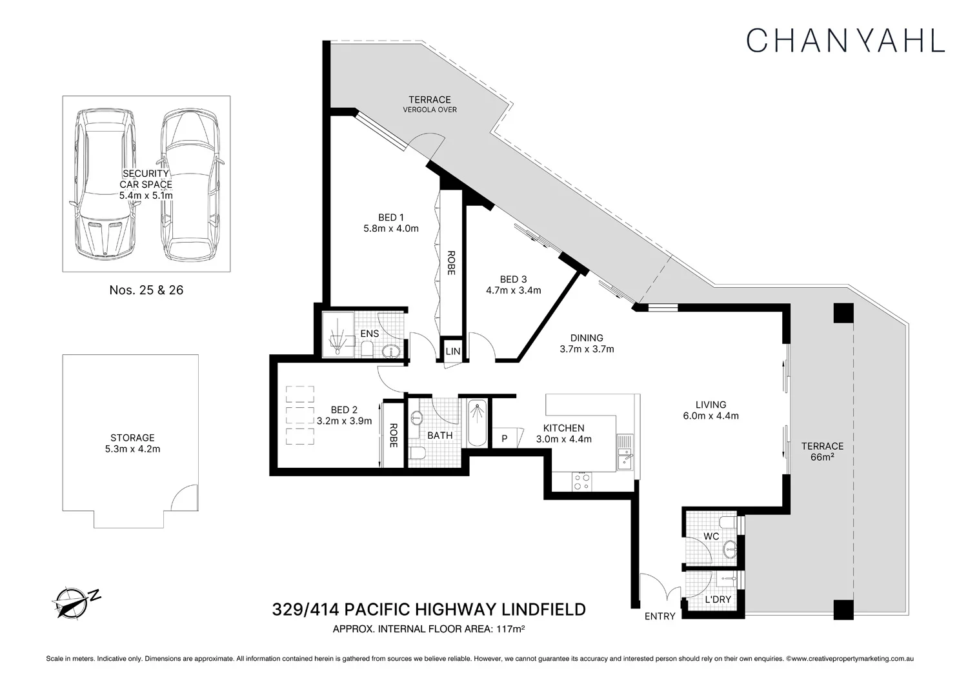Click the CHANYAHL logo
coord(845,41)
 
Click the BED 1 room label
coord(390,217)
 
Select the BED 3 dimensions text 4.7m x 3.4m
coord(514,290)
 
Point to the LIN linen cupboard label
coord(453,351)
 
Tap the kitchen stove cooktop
coord(581,482)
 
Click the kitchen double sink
coord(625,452)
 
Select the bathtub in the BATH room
coord(477,423)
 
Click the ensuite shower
coord(338,334)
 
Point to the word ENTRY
coord(660,616)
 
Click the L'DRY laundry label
coord(718,599)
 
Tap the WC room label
coord(711,536)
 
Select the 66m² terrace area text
coord(822,457)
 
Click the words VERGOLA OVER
coord(430,110)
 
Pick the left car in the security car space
coord(105,184)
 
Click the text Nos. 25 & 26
coord(146,290)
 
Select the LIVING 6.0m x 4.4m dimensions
coord(711,416)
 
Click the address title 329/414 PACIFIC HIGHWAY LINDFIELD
coord(429,610)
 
